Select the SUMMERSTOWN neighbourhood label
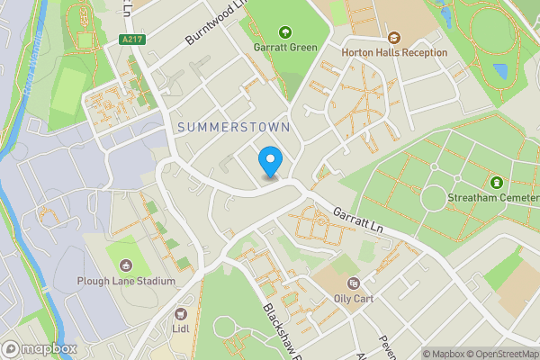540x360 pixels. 234,128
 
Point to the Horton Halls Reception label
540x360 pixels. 394,52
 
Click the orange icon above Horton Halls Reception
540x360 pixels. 394,37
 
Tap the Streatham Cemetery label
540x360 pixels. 492,196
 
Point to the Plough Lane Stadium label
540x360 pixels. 126,281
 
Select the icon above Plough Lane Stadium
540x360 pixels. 125,265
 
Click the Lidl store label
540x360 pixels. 181,329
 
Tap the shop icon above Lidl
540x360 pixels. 181,314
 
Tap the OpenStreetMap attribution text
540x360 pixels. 498,354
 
